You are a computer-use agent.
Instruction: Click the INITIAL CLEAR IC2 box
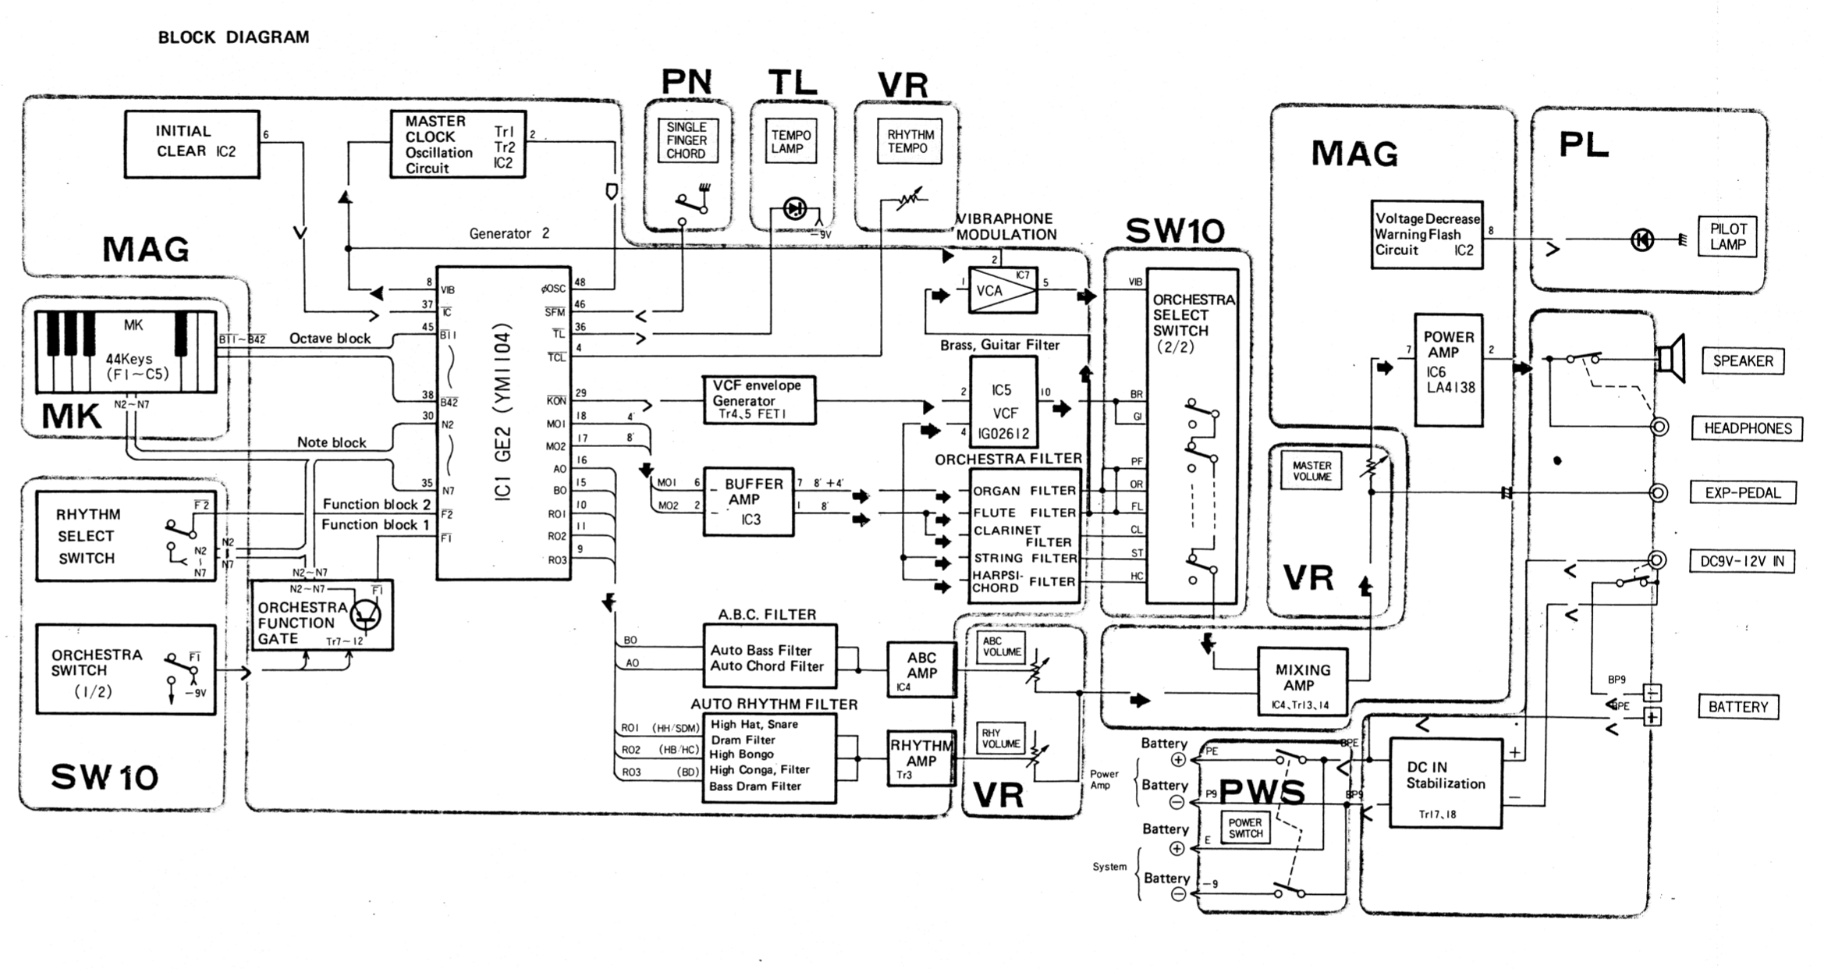pyautogui.click(x=192, y=144)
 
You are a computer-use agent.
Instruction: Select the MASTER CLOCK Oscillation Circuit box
pyautogui.click(x=458, y=144)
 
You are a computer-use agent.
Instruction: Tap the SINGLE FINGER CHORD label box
pyautogui.click(x=687, y=140)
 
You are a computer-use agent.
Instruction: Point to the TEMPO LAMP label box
pyautogui.click(x=792, y=141)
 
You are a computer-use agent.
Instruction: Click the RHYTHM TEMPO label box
pyautogui.click(x=909, y=141)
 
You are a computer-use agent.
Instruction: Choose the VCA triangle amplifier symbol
pyautogui.click(x=1002, y=290)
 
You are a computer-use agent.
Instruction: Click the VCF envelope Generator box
pyautogui.click(x=759, y=400)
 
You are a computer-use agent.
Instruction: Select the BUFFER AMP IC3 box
pyautogui.click(x=748, y=502)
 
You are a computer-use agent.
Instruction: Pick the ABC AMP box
pyautogui.click(x=921, y=669)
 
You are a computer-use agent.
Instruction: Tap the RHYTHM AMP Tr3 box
pyautogui.click(x=921, y=758)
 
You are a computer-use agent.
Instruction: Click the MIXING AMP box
pyautogui.click(x=1302, y=681)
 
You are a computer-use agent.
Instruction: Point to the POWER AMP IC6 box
pyautogui.click(x=1448, y=370)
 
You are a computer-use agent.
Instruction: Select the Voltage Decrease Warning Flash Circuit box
pyautogui.click(x=1426, y=235)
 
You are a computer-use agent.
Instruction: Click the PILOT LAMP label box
pyautogui.click(x=1727, y=236)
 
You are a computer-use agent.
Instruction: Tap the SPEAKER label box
pyautogui.click(x=1742, y=361)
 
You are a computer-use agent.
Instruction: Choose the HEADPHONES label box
pyautogui.click(x=1747, y=428)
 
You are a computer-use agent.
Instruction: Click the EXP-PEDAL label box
pyautogui.click(x=1743, y=493)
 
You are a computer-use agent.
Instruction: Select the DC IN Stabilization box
pyautogui.click(x=1446, y=783)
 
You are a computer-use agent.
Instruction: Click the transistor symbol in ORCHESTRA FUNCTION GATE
pyautogui.click(x=365, y=614)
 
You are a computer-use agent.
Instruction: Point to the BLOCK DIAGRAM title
pyautogui.click(x=233, y=37)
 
